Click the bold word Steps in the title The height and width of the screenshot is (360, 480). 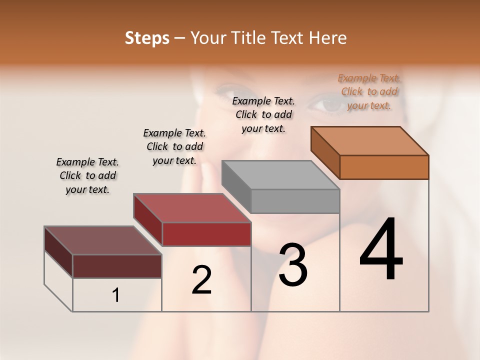click(x=147, y=38)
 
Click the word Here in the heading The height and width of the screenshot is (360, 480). click(x=328, y=38)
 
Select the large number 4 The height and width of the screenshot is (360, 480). click(x=381, y=251)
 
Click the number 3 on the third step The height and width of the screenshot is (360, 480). click(x=293, y=265)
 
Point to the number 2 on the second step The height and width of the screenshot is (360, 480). click(x=201, y=280)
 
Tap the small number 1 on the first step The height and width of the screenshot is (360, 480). click(x=116, y=295)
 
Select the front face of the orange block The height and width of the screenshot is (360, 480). click(x=384, y=167)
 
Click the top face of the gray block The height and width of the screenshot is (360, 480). click(x=280, y=175)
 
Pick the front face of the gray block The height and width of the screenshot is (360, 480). click(x=295, y=201)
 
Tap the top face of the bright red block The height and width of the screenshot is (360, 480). click(x=192, y=208)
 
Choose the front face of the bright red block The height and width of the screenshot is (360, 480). click(x=206, y=234)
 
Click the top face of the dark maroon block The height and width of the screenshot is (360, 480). click(x=102, y=240)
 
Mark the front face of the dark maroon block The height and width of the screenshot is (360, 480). click(x=117, y=266)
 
